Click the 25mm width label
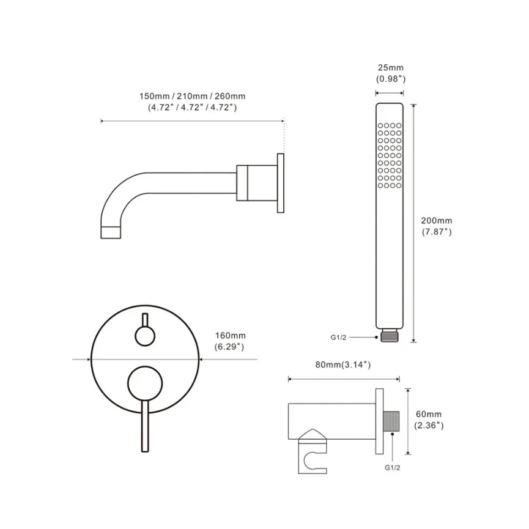click(x=390, y=67)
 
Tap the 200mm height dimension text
click(x=436, y=221)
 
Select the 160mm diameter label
click(x=231, y=336)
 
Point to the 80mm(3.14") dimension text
click(x=342, y=364)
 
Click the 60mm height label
click(x=429, y=414)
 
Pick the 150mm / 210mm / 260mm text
click(x=192, y=96)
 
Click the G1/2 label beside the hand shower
click(x=338, y=338)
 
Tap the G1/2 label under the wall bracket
click(x=393, y=468)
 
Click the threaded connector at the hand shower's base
click(x=390, y=337)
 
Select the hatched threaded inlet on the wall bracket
click(x=391, y=421)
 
